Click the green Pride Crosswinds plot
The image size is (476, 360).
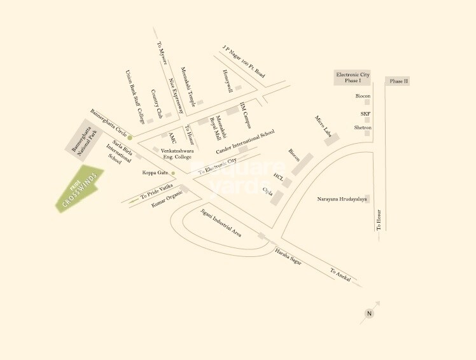click(x=80, y=190)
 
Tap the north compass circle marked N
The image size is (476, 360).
click(x=370, y=314)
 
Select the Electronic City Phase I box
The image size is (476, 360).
click(x=352, y=78)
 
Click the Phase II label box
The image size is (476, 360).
click(x=399, y=81)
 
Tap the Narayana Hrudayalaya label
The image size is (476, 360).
click(x=342, y=199)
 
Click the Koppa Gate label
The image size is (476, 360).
click(x=155, y=172)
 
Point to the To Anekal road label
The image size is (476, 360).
click(x=340, y=275)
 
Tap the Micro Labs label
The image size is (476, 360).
click(x=324, y=126)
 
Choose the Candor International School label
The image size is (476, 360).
click(x=245, y=142)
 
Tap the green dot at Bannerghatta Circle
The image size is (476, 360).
click(x=130, y=137)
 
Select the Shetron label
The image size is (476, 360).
click(x=363, y=127)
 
